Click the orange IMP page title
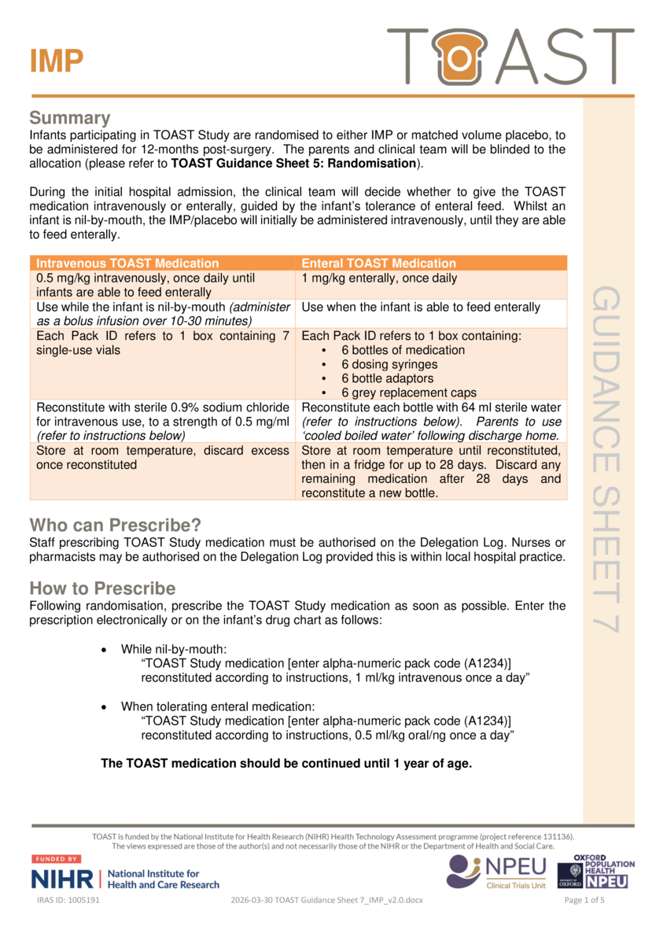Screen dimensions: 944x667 (x=57, y=61)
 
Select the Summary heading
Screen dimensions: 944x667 (x=69, y=118)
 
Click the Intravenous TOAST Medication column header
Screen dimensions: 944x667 (x=127, y=264)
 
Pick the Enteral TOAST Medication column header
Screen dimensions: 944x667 (x=378, y=264)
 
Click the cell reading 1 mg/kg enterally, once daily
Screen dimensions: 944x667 (x=379, y=278)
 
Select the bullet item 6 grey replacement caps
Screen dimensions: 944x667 (x=408, y=393)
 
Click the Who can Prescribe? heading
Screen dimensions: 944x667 (x=115, y=525)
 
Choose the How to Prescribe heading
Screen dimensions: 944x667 (x=102, y=588)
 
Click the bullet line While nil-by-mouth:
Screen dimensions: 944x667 (x=173, y=649)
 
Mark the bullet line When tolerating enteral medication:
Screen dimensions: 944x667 (x=217, y=706)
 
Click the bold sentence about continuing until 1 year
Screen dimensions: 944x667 (x=286, y=762)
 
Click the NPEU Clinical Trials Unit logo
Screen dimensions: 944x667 (x=496, y=872)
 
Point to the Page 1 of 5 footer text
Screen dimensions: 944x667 (x=585, y=900)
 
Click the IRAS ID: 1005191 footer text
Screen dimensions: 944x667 (x=68, y=900)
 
